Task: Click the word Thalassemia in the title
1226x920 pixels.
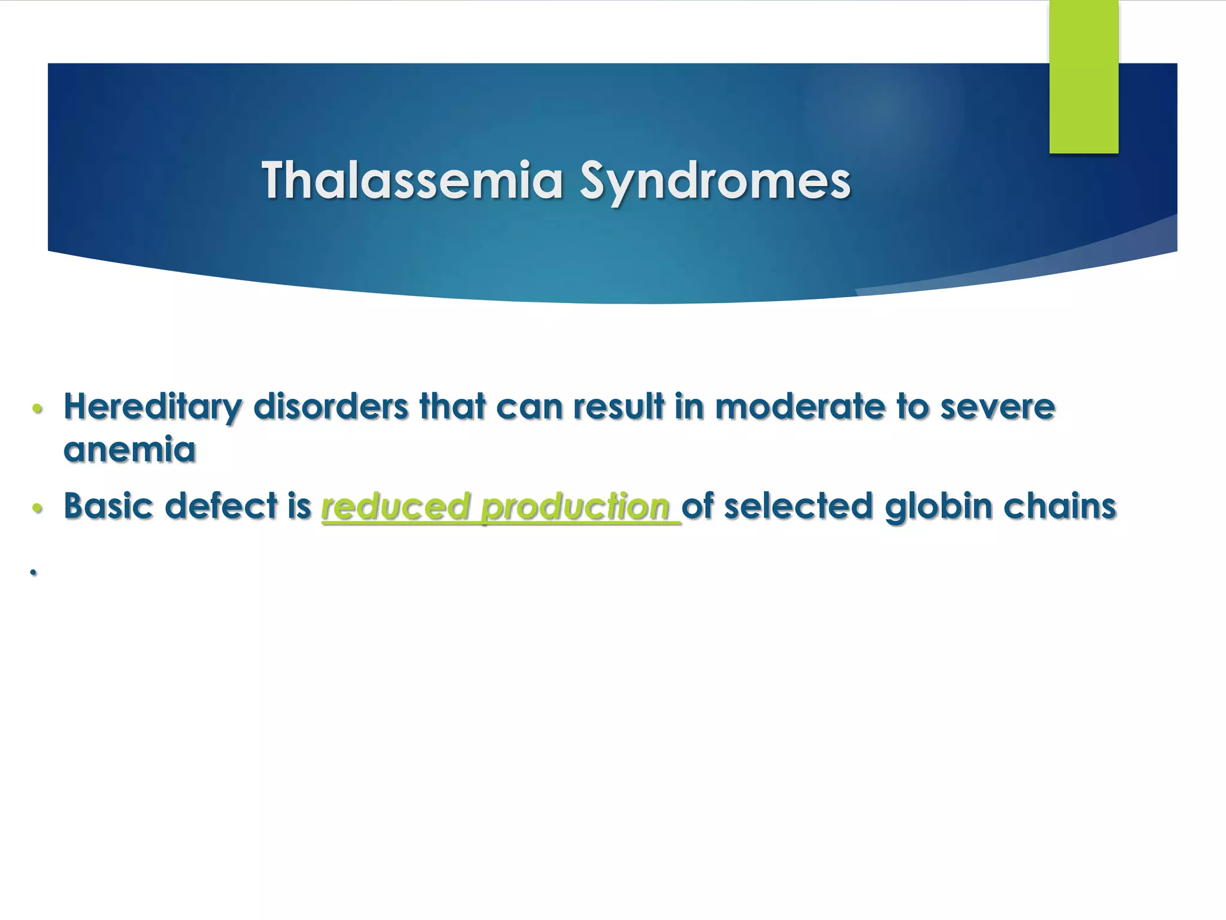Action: [x=412, y=180]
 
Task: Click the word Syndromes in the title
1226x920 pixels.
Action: [x=715, y=181]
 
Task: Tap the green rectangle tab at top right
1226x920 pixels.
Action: [x=1084, y=76]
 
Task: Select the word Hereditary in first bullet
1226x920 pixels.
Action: [x=153, y=407]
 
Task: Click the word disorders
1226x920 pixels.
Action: [x=331, y=407]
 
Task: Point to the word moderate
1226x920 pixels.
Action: [x=800, y=407]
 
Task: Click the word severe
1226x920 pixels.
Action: [x=997, y=407]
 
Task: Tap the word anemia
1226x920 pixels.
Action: [x=129, y=450]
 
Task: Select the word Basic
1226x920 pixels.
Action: [x=108, y=506]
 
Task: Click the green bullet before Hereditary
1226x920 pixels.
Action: [x=37, y=409]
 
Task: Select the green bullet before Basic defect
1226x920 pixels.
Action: [x=37, y=508]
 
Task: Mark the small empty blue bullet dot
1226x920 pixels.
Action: [x=34, y=573]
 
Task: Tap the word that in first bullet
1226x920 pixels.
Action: [x=453, y=407]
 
